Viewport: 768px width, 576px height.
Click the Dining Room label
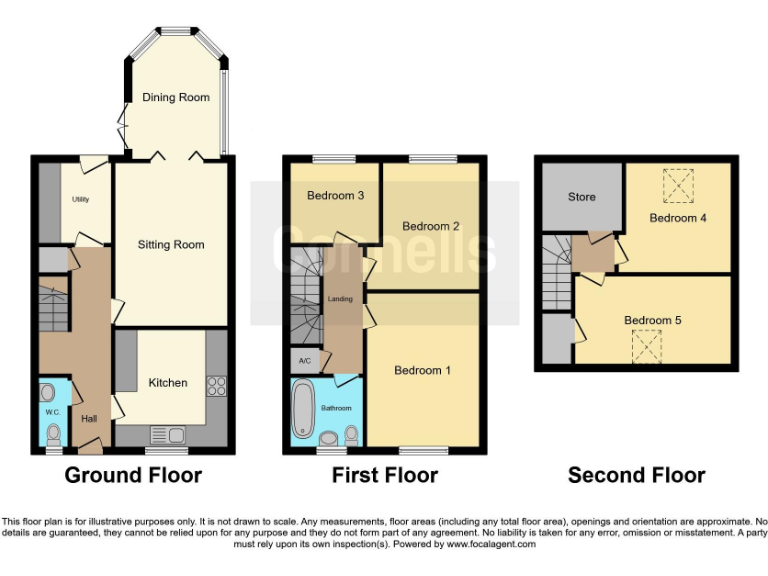point(175,97)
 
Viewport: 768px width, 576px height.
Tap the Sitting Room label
point(171,245)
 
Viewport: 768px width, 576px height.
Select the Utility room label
point(80,200)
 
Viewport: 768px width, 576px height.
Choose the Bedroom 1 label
point(422,371)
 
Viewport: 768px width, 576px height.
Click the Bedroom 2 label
point(431,226)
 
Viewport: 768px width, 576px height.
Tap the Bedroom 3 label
point(335,196)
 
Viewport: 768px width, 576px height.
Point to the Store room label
point(582,197)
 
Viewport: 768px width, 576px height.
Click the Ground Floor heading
point(133,476)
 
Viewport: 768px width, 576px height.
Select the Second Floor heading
point(636,476)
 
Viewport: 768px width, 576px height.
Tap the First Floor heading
point(385,476)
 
